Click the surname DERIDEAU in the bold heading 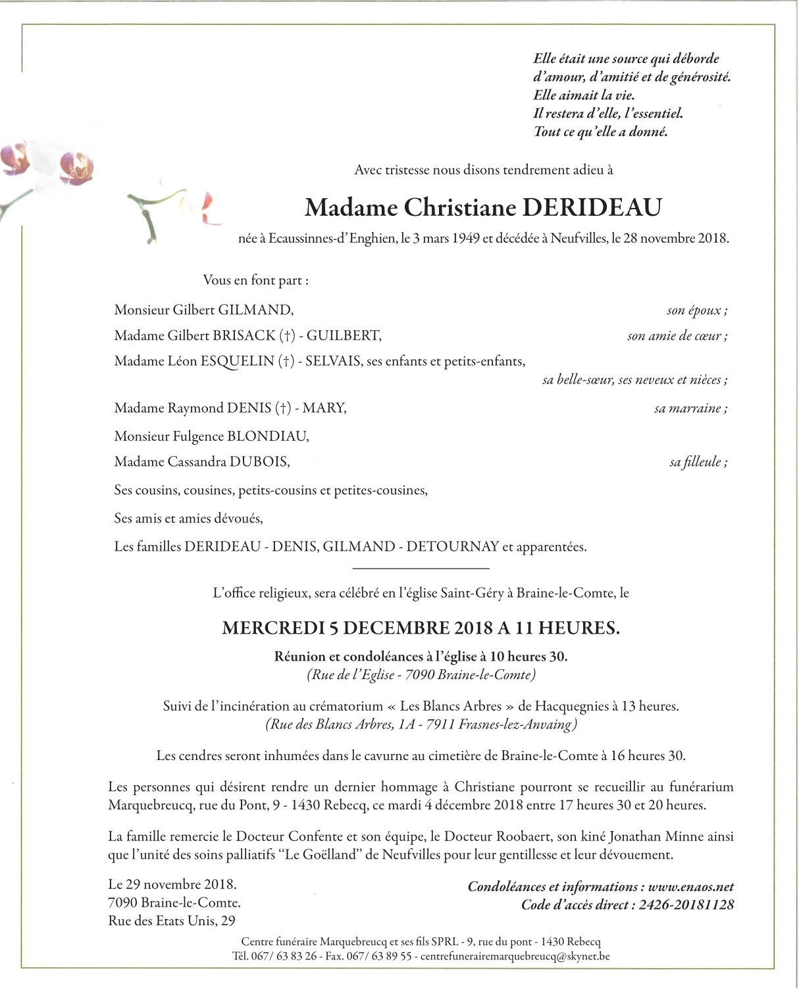click(x=592, y=207)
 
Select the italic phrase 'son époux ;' click(x=697, y=311)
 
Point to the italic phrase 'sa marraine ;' click(x=690, y=409)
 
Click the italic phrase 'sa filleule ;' click(x=698, y=463)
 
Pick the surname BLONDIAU click(x=268, y=436)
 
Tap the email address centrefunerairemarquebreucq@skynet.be click(x=515, y=956)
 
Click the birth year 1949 click(x=465, y=239)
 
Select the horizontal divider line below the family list click(x=421, y=568)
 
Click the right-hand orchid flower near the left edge click(x=75, y=167)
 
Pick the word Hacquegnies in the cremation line click(x=571, y=707)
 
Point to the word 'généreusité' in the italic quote click(x=700, y=77)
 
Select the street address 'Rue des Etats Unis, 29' click(x=172, y=921)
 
